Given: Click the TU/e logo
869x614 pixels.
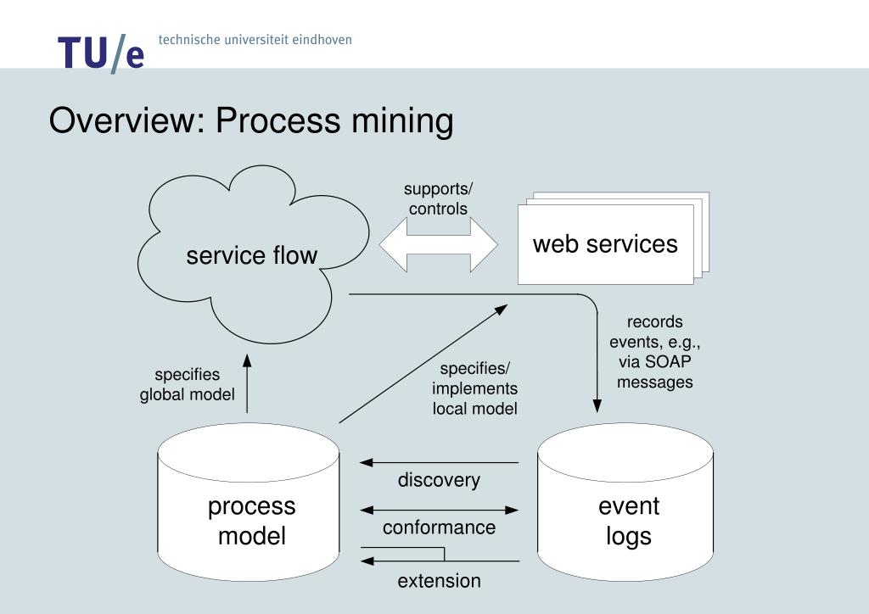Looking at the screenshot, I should [x=101, y=53].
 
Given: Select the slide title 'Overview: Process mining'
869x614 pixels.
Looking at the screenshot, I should [x=251, y=121].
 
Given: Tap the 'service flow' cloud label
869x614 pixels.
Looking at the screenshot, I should [x=252, y=254].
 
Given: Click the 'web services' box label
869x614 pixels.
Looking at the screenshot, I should [x=605, y=244].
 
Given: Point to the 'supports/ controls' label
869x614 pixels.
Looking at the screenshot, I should [x=438, y=198].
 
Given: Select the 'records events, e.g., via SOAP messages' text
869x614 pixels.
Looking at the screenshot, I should [x=654, y=352].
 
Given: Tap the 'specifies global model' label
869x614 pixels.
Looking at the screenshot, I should [x=187, y=384].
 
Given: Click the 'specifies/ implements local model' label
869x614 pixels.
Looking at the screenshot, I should [x=474, y=388].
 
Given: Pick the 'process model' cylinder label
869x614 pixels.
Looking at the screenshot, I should [x=252, y=521].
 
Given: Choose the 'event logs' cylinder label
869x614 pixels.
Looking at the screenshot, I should [x=629, y=521].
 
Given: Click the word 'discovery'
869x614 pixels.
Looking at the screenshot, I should [x=439, y=480].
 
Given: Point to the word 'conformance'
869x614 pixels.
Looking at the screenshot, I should [x=439, y=527].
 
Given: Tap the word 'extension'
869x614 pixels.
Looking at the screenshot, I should [x=439, y=581].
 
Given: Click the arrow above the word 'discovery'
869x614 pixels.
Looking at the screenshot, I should [x=439, y=463].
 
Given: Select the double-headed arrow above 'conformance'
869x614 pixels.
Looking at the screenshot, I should [x=439, y=511].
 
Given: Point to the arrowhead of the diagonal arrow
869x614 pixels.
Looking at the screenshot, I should [x=502, y=310].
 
